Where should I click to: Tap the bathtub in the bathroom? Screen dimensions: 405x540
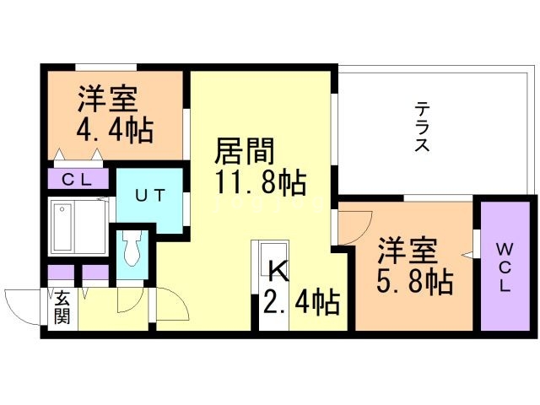77,227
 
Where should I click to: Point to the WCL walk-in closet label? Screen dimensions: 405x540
504,266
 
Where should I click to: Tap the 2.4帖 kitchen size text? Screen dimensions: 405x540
300,300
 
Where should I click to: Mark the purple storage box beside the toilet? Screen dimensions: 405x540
95,273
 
